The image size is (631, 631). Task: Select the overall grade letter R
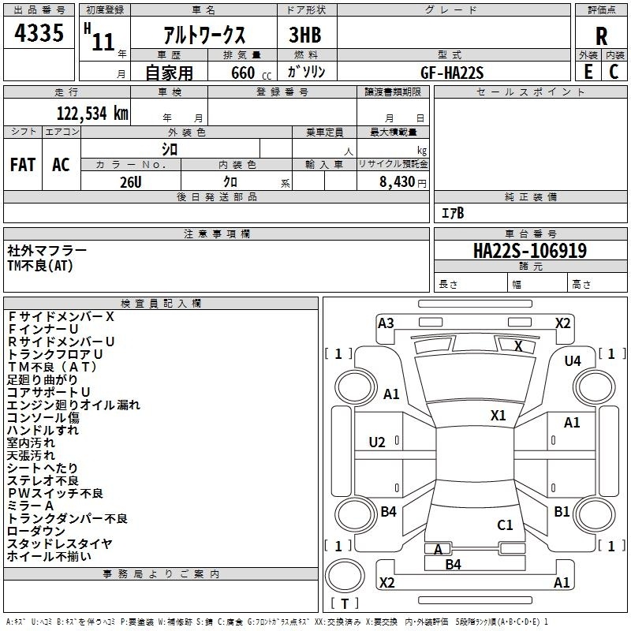601,35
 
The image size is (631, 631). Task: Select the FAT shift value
23,165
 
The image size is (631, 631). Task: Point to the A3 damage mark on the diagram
386,323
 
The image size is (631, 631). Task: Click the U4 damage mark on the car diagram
573,360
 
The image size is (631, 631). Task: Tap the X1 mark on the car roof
498,415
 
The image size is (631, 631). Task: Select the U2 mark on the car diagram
377,441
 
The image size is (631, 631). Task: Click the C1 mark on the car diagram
505,525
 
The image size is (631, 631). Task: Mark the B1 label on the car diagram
562,512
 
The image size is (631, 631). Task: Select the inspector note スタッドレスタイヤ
59,543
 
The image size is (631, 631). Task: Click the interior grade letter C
614,72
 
